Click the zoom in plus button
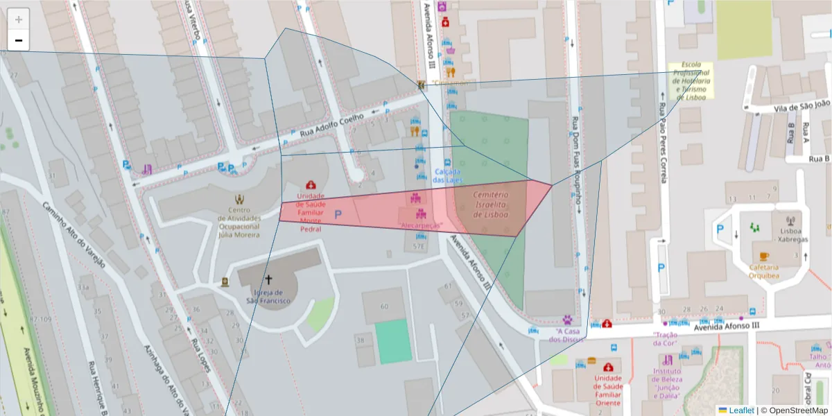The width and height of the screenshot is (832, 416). click(x=19, y=19)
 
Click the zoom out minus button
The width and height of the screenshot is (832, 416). click(x=19, y=41)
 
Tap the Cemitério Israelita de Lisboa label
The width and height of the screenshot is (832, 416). click(x=491, y=205)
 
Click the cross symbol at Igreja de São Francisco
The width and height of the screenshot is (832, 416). click(x=268, y=280)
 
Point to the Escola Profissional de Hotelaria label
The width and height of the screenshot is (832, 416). click(x=691, y=80)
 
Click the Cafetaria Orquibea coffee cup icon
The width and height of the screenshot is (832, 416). click(x=763, y=256)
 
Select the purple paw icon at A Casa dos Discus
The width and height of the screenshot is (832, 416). click(x=567, y=320)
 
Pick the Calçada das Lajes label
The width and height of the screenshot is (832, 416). click(x=447, y=175)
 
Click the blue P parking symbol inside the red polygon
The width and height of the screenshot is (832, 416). click(x=338, y=215)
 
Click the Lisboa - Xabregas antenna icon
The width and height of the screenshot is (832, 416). click(x=790, y=220)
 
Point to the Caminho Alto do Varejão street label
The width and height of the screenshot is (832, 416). click(x=73, y=236)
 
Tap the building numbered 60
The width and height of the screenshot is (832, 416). click(x=385, y=306)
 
